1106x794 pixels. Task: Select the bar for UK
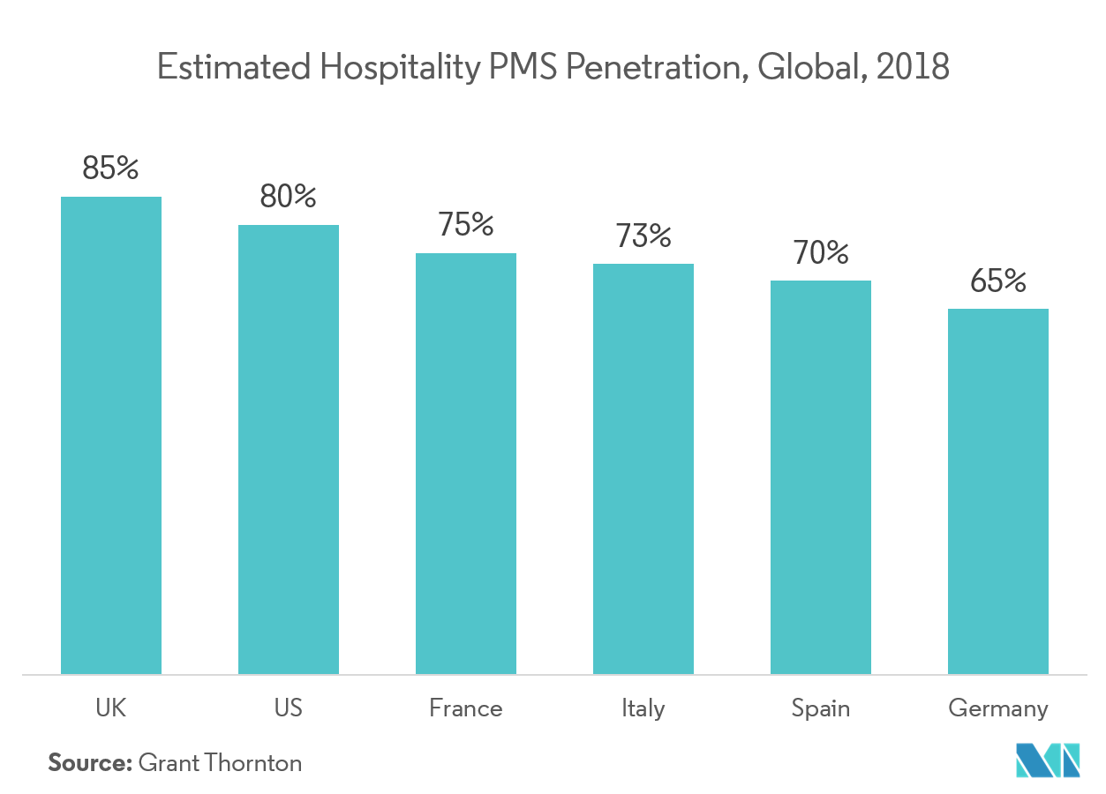[111, 435]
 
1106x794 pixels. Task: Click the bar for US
[288, 449]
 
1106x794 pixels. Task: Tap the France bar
[466, 463]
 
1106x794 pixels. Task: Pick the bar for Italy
[643, 468]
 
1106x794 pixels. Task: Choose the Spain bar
[821, 477]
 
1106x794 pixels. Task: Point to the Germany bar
[998, 491]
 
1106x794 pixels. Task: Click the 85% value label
[111, 169]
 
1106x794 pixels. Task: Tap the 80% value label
[288, 197]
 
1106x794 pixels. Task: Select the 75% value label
[466, 225]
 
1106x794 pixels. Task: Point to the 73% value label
[643, 236]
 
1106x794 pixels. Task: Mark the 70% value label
[821, 253]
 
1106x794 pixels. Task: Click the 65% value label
[998, 281]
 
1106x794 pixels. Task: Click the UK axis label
[111, 708]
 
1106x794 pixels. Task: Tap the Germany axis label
[998, 708]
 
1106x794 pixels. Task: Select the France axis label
[466, 708]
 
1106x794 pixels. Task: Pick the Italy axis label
[643, 708]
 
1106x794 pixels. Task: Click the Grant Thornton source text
[221, 766]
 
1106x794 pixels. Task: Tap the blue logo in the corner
[1049, 761]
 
